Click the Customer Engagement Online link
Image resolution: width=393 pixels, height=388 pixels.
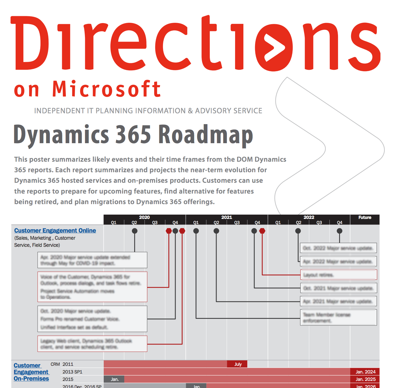55,231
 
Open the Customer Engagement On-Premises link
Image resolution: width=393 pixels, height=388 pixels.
31,372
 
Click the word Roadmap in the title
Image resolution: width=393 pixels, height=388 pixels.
205,135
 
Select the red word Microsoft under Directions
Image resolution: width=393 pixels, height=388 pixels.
107,89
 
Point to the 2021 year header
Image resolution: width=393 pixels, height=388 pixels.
227,217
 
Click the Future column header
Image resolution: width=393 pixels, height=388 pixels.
365,217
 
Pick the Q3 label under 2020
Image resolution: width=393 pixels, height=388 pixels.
155,223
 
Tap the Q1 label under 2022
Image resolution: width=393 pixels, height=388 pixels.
278,223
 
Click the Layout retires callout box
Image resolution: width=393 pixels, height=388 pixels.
339,275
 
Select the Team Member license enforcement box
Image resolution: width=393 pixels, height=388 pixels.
339,317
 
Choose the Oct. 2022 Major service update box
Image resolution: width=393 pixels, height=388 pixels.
339,248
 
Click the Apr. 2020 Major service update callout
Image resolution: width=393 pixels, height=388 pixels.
92,260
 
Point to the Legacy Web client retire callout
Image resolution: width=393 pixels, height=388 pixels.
92,344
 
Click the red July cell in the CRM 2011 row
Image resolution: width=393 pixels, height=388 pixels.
237,364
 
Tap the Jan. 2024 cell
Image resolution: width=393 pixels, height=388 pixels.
365,372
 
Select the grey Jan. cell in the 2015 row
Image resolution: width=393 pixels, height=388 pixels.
114,379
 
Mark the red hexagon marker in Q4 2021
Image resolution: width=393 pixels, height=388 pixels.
262,231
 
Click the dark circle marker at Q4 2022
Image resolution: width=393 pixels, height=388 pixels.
339,231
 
